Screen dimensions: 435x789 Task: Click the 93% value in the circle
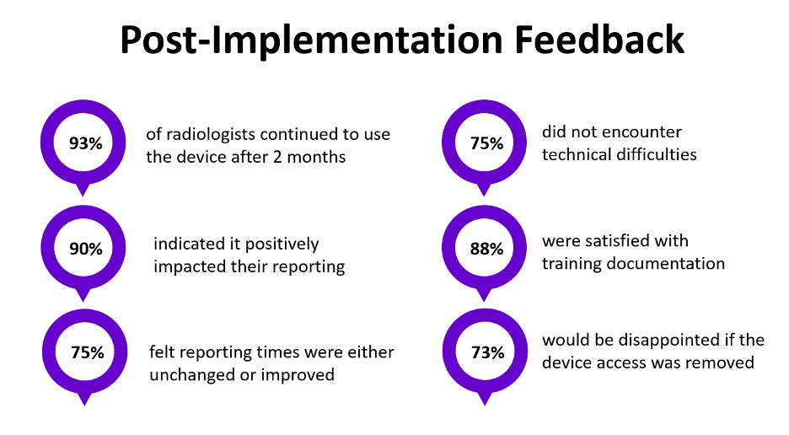point(85,143)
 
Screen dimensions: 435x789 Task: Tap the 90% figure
point(85,249)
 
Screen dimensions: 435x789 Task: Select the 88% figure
point(486,249)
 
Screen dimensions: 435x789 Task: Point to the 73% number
point(486,353)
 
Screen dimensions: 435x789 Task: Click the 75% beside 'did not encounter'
point(486,143)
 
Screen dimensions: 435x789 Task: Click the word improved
point(298,374)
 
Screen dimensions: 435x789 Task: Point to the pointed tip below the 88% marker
point(485,298)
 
